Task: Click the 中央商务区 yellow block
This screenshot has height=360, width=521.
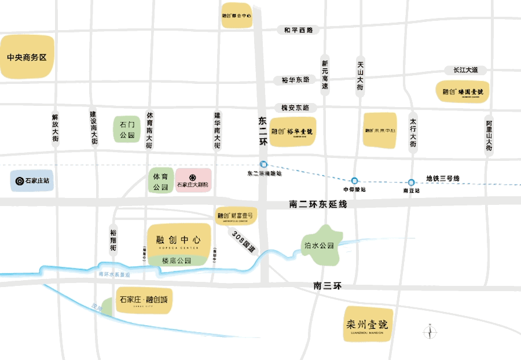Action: coord(27,57)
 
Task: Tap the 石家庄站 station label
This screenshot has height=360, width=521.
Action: coord(32,181)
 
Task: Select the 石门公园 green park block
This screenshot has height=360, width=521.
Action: coord(127,130)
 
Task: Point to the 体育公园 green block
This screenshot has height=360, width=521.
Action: coord(160,181)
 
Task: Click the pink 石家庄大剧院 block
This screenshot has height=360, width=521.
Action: coord(193,181)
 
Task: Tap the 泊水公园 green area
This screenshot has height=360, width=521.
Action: coord(319,245)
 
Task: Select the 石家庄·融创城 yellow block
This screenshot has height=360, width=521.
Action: coord(144,300)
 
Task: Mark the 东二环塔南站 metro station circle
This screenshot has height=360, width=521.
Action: coord(263,164)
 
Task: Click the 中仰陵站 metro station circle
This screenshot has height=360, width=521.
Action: coord(354,180)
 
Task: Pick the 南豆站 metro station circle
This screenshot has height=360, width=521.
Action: coord(411,182)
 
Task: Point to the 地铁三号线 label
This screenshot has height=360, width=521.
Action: coord(443,178)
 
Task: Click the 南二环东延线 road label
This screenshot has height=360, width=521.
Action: coord(318,204)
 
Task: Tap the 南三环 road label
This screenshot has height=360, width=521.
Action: coord(328,286)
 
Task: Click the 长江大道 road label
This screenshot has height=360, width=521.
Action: coord(465,70)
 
